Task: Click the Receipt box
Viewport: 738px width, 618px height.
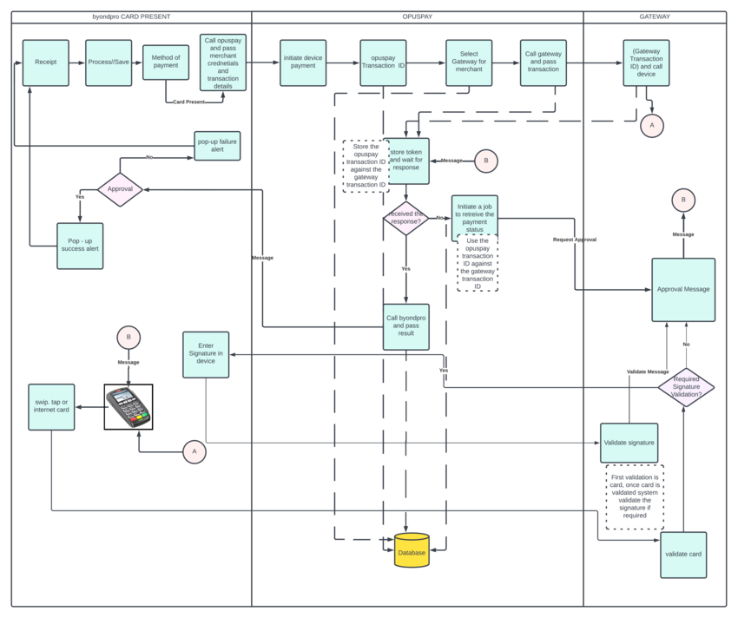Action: click(46, 62)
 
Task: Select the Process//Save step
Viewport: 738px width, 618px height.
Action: click(109, 62)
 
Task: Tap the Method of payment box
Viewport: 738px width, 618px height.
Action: click(166, 62)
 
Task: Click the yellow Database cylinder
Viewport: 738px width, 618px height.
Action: click(412, 550)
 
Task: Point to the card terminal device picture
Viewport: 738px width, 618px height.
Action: click(128, 407)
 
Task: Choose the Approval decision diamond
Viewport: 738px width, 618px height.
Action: click(120, 188)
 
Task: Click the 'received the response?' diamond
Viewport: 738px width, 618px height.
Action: click(405, 218)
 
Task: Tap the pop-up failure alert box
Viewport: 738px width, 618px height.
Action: click(217, 145)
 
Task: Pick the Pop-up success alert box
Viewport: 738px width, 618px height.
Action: click(80, 246)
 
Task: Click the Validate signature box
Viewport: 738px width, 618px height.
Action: click(629, 443)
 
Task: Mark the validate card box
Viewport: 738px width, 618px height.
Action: click(683, 555)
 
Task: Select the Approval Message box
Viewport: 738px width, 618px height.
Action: click(683, 290)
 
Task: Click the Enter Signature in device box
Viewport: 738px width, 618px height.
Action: click(206, 354)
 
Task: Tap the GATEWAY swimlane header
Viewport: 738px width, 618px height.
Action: click(655, 16)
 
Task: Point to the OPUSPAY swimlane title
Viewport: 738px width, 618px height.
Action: click(417, 16)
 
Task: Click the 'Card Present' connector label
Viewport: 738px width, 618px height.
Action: click(188, 102)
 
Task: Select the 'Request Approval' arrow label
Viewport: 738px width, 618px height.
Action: click(574, 240)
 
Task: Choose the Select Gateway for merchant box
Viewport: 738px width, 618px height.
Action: click(469, 62)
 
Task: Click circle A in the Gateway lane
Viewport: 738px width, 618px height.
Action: click(652, 125)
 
